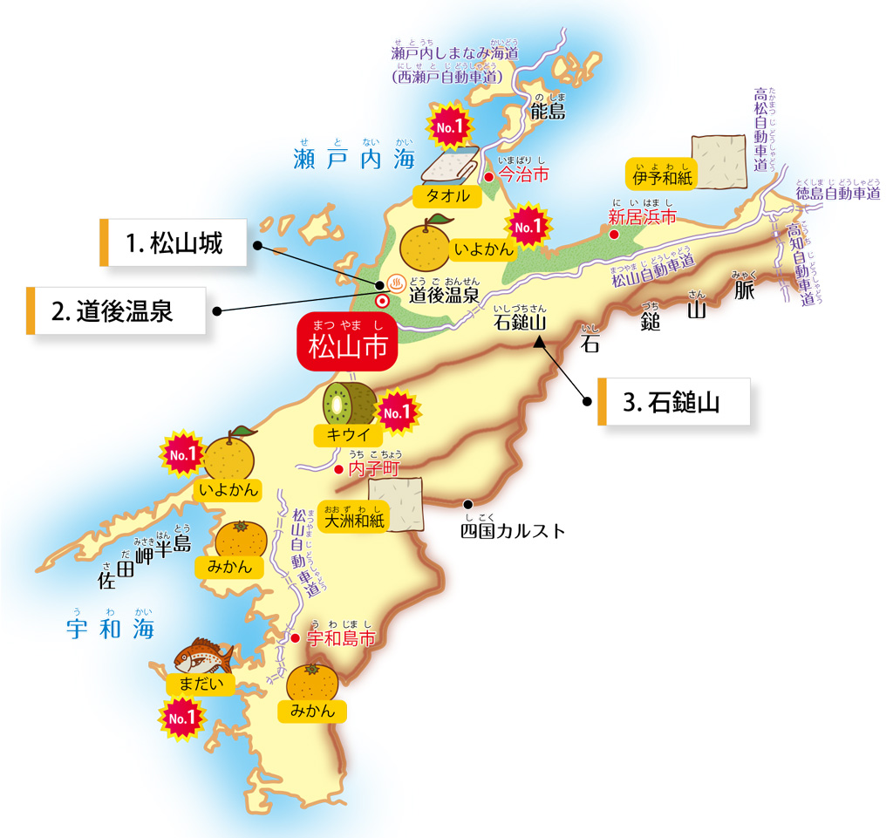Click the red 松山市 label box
pos(348,342)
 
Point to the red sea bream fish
pos(204,655)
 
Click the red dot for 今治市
pos(489,176)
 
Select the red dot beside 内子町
pos(338,469)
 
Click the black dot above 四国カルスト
pos(468,504)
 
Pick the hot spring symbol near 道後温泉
pos(394,283)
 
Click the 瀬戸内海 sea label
pos(353,160)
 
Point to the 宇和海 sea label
pos(111,629)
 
